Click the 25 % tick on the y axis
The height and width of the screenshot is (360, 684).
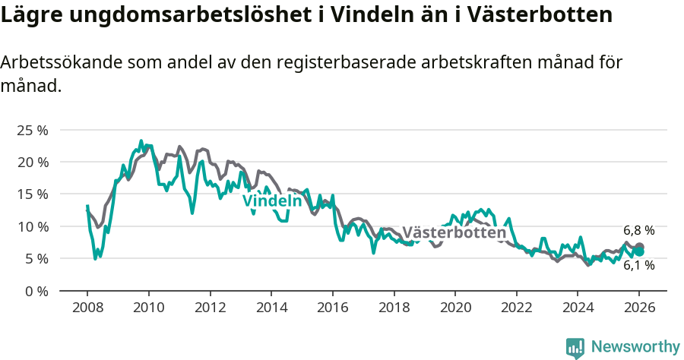click(32, 131)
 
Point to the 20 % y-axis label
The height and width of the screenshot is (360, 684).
click(32, 163)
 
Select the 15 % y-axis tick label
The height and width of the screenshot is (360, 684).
click(32, 194)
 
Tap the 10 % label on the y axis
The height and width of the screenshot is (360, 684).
click(32, 226)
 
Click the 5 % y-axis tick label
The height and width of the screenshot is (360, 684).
click(36, 258)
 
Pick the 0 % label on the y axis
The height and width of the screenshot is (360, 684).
click(36, 291)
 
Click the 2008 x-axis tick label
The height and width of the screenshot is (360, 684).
click(87, 309)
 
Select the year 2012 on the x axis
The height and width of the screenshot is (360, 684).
click(210, 309)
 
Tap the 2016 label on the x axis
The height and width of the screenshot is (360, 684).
click(332, 309)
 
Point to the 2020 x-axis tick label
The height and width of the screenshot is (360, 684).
click(454, 309)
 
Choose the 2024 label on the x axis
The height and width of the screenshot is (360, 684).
click(577, 309)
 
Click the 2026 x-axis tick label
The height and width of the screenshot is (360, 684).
click(638, 309)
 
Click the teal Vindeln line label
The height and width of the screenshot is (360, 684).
click(272, 201)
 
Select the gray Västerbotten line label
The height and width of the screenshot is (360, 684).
click(454, 232)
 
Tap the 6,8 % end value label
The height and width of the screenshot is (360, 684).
click(638, 230)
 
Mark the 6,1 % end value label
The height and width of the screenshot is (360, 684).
click(638, 266)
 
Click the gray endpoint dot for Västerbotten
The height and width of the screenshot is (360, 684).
click(639, 247)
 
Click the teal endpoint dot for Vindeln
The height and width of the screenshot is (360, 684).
click(639, 252)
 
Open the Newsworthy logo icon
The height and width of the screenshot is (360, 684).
click(575, 348)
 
